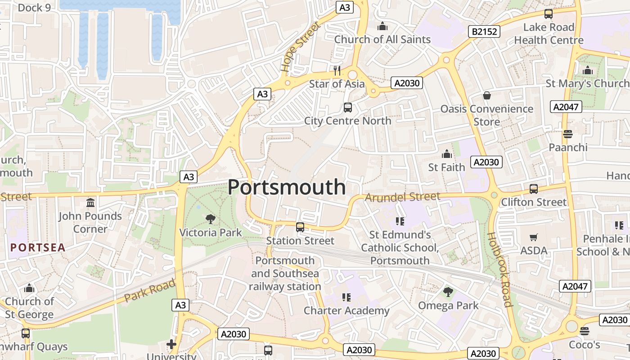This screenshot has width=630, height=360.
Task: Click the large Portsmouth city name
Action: coord(287,187)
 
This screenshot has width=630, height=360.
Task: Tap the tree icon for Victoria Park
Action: coord(210,219)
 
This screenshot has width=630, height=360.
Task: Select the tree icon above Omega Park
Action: coord(448,292)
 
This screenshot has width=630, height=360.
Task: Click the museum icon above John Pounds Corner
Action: coord(90,202)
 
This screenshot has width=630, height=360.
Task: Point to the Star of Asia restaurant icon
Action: coord(337,71)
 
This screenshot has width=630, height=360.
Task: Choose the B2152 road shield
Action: coord(484,31)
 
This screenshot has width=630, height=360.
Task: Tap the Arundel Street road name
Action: coord(402,197)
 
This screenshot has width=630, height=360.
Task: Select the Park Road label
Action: coord(149,291)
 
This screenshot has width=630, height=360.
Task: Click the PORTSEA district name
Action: coord(38,247)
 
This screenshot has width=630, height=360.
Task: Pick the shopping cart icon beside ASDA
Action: coord(534,237)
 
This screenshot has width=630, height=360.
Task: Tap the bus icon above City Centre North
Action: coord(348,107)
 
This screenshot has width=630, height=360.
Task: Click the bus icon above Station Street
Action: coord(300,227)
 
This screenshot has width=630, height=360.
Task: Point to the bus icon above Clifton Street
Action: coord(534,189)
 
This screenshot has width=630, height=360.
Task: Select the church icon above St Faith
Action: coord(446,154)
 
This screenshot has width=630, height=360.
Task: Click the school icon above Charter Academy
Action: coord(346,297)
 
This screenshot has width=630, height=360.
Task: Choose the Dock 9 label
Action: coord(34,8)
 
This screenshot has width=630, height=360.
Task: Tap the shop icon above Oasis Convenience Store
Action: coord(486,95)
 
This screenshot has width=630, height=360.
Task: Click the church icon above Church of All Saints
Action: coord(382,26)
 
